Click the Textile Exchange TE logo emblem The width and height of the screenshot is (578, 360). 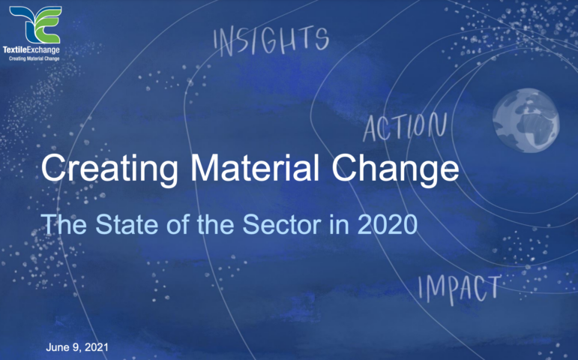35,25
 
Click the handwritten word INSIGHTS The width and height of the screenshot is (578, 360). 271,41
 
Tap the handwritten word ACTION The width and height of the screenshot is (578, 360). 405,127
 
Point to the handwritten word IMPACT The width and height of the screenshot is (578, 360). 460,289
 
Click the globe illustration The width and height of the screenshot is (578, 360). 526,120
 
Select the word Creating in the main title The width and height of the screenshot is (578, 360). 109,169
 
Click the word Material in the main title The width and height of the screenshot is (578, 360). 255,167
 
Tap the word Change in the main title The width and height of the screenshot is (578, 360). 395,169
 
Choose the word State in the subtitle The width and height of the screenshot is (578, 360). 127,224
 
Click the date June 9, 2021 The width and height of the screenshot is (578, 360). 77,347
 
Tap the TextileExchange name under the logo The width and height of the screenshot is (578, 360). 31,49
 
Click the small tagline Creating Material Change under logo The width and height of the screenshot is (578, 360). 34,58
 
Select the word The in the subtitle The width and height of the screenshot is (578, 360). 64,224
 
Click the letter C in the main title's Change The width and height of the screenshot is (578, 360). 344,168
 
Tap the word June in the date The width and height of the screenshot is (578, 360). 58,347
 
